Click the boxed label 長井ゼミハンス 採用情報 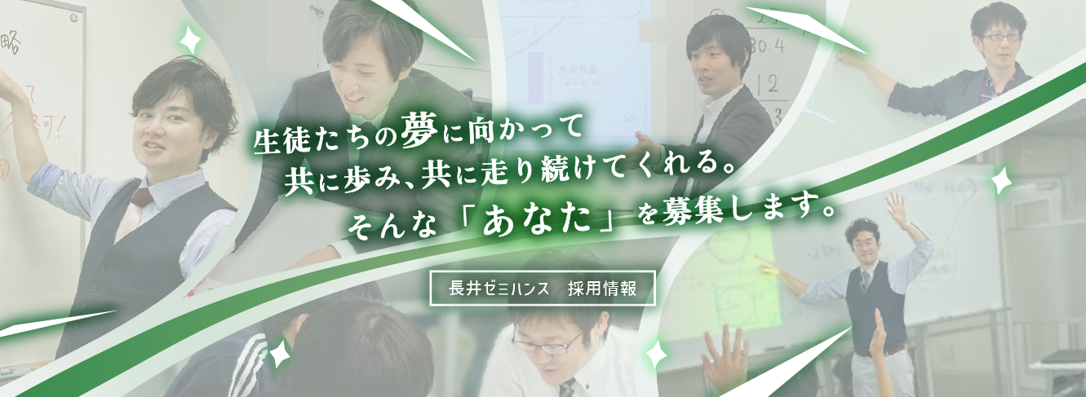coord(543,288)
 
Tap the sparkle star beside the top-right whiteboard coord(1000,181)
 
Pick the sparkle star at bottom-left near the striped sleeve coord(280,351)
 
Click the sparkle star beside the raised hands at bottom coord(654,355)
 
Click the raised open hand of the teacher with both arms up coord(896,209)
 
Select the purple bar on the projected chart coord(536,78)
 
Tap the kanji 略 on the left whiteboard coord(11,40)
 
